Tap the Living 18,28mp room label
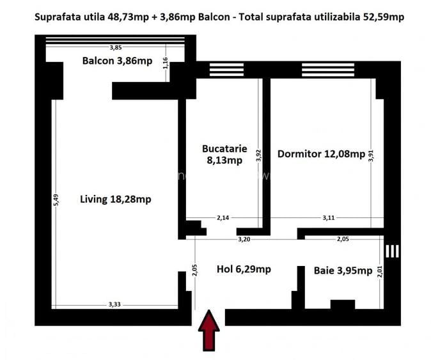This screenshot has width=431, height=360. tap(115, 199)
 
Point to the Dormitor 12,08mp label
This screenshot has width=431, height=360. tap(321, 154)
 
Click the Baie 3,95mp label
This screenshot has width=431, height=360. tap(343, 270)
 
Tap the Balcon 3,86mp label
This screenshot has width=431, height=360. tap(117, 61)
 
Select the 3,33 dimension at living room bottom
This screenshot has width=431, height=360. tap(114, 304)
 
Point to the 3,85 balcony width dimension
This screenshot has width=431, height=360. tap(115, 47)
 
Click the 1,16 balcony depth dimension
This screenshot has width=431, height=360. tap(165, 64)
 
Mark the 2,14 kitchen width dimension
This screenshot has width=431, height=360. tap(223, 217)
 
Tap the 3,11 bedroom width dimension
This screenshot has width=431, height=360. tap(328, 217)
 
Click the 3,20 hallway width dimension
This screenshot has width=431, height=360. tap(244, 239)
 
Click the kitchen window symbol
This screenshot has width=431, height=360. tap(222, 69)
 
